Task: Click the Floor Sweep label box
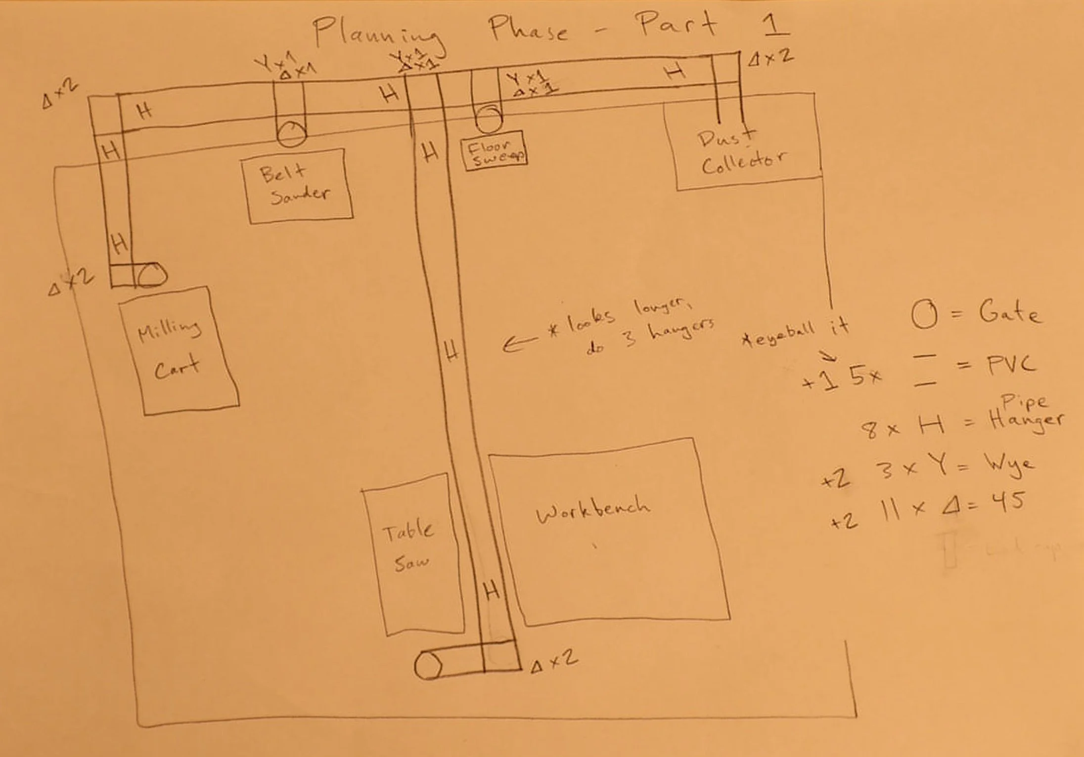tap(494, 151)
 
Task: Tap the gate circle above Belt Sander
tap(291, 134)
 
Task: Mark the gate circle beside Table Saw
tap(428, 666)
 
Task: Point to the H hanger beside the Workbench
tap(491, 590)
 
